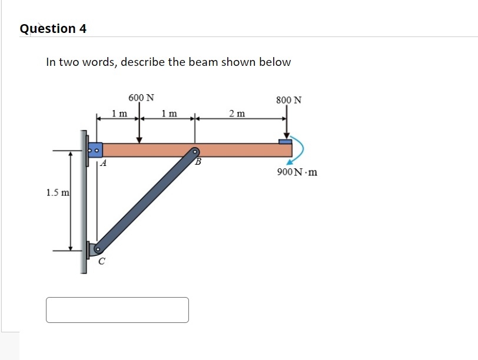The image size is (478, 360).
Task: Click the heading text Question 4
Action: [x=53, y=28]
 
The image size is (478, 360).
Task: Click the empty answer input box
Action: [x=117, y=310]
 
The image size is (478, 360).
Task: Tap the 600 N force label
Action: [x=141, y=97]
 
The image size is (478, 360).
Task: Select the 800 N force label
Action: [x=288, y=100]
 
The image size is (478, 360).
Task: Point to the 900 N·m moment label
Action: [x=297, y=172]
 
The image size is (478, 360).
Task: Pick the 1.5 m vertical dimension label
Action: [x=58, y=192]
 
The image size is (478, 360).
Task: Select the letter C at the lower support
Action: [x=101, y=262]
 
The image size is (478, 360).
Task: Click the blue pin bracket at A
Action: [x=94, y=149]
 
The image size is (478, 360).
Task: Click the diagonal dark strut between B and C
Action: [x=147, y=200]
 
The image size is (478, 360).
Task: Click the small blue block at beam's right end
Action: [x=285, y=141]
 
